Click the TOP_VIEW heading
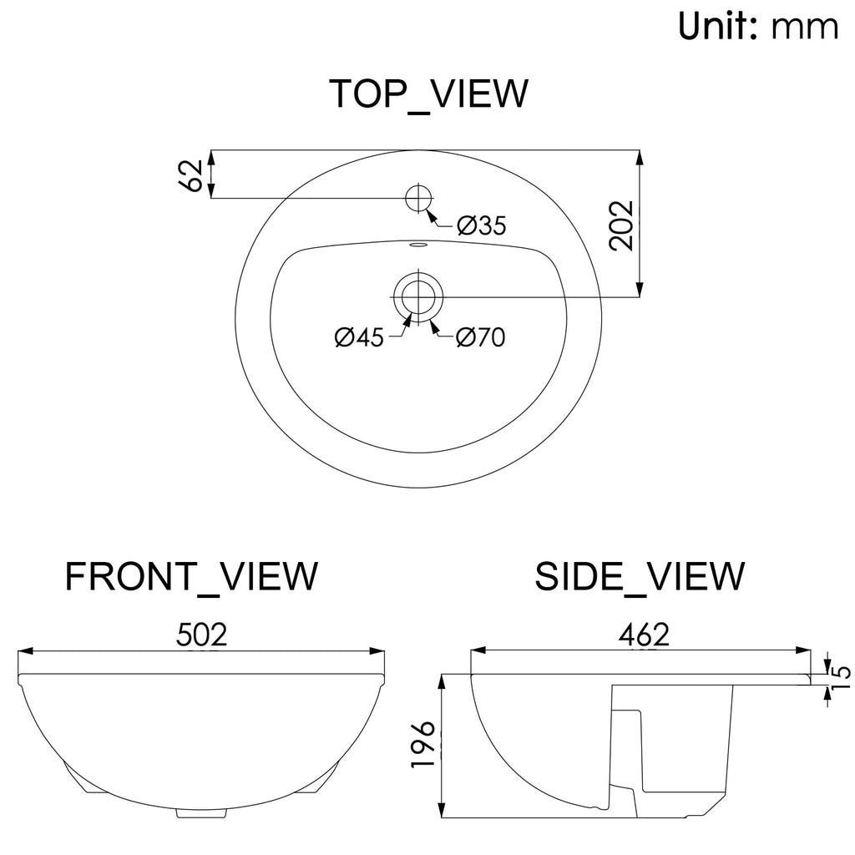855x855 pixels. pos(429,94)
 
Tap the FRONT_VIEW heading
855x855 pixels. pos(191,576)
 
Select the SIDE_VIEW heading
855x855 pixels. pos(639,576)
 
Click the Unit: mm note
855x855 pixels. pos(758,26)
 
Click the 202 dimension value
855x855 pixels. pos(621,225)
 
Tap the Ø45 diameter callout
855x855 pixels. pos(359,337)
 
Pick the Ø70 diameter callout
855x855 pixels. pos(480,337)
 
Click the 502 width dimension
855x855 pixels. pos(201,635)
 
